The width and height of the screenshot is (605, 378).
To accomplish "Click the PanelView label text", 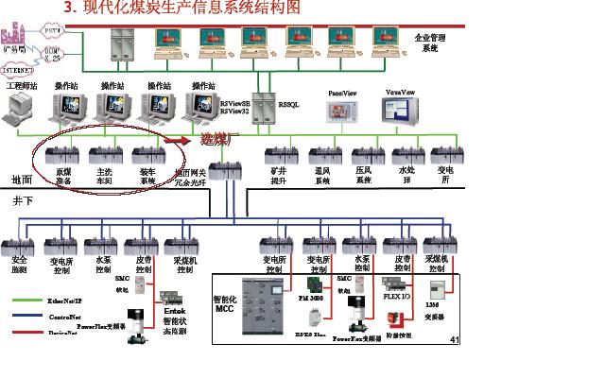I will point(341,94).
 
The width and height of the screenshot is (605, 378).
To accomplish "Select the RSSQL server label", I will point(286,107).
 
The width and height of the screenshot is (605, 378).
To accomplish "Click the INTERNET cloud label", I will point(17,68).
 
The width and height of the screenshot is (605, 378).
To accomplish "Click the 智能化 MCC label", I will point(223,302).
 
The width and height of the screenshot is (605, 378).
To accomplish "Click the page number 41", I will point(454,339).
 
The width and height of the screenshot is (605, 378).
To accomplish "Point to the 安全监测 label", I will point(19,264).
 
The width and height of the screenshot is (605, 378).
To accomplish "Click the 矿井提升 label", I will point(278,175).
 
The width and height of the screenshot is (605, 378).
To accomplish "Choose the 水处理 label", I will point(406,175).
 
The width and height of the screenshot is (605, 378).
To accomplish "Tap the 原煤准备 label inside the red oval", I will point(63,176).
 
